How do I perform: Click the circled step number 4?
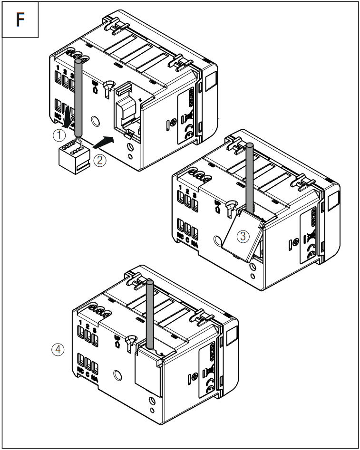(58, 350)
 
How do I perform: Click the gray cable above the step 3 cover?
(248, 176)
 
